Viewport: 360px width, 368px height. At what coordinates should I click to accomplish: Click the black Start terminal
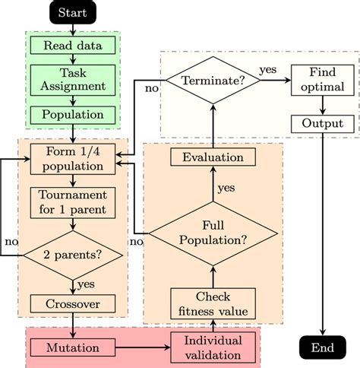[73, 13]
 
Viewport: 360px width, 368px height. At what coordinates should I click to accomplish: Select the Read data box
[73, 45]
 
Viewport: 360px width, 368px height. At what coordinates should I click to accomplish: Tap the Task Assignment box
[73, 80]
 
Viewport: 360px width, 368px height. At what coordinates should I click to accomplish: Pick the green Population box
[73, 115]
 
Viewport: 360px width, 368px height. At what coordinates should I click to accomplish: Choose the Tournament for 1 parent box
[73, 202]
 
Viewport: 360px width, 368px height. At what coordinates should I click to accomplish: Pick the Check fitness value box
[213, 303]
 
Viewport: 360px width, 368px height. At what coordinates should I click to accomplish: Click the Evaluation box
[213, 158]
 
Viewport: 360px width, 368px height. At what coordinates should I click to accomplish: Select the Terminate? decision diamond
[213, 79]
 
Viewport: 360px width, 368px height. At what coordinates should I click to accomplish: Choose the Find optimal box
[323, 79]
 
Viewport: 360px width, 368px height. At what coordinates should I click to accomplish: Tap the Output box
[323, 123]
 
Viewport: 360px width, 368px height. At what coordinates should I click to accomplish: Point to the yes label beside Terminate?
[268, 68]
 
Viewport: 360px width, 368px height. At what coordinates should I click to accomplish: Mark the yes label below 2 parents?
[86, 285]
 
